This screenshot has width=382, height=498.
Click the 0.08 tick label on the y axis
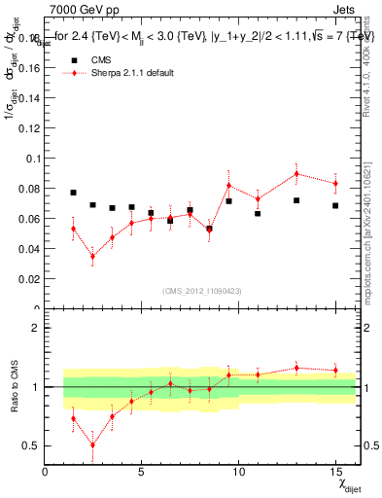tap(31, 188)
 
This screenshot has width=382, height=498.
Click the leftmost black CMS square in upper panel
tap(74, 193)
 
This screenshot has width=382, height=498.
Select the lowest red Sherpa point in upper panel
tap(93, 257)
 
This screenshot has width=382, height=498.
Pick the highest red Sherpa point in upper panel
tap(296, 173)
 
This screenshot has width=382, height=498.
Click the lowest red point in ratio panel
tap(93, 445)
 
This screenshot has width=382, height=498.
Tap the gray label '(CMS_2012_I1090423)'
tap(200, 291)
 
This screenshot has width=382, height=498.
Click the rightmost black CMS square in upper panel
tap(335, 205)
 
